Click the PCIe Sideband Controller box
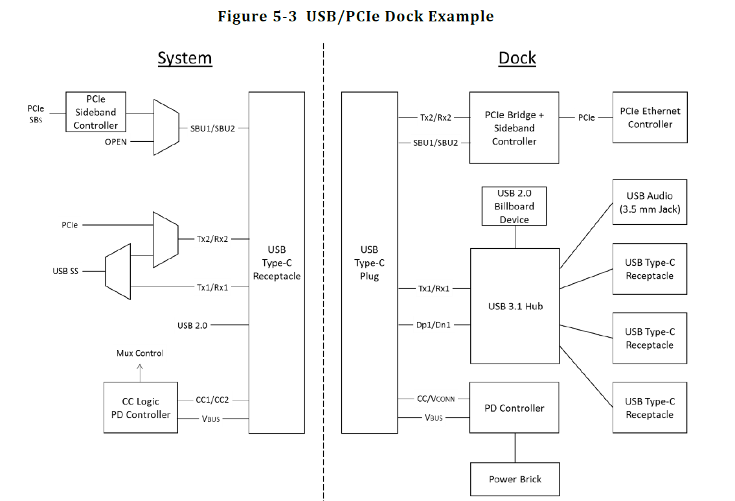pos(95,112)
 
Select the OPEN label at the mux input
pos(116,141)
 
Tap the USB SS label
pos(65,271)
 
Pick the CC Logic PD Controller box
pos(140,408)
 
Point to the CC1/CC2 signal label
pos(212,400)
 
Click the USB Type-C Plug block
pos(369,262)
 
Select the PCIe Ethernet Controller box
pos(650,117)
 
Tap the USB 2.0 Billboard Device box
pos(514,206)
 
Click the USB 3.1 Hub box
pos(515,306)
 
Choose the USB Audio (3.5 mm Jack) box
pos(650,202)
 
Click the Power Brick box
pos(515,479)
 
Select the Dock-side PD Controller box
pos(514,408)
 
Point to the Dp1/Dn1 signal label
pos(433,324)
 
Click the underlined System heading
pos(185,58)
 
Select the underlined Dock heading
pos(517,58)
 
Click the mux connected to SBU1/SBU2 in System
pos(166,127)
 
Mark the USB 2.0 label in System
pos(192,325)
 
